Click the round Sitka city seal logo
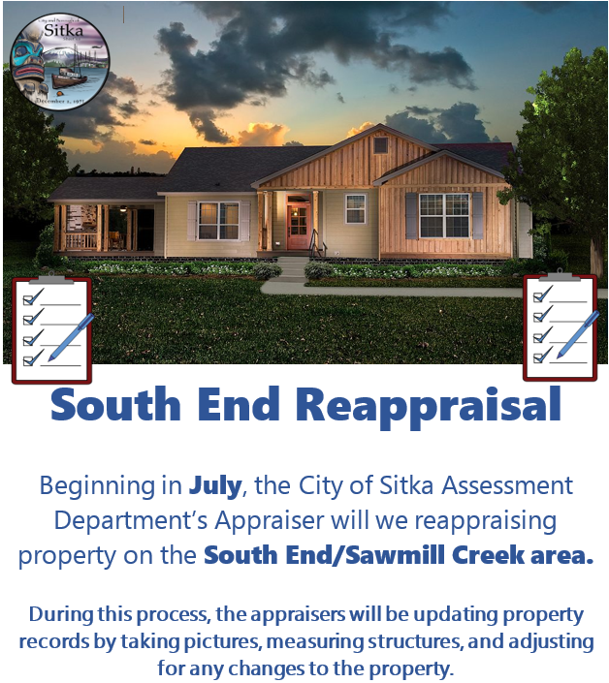(x=60, y=61)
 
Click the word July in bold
(x=215, y=485)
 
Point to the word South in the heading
(x=115, y=404)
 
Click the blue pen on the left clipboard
(x=71, y=337)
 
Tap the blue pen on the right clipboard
(x=578, y=334)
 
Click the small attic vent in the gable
(x=380, y=145)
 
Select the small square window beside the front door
(x=355, y=208)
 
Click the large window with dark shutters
(x=444, y=216)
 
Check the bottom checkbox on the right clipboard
(x=538, y=358)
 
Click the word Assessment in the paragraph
(x=507, y=485)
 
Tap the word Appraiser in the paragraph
(x=270, y=520)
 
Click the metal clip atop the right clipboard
(x=560, y=275)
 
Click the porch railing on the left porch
(x=81, y=241)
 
